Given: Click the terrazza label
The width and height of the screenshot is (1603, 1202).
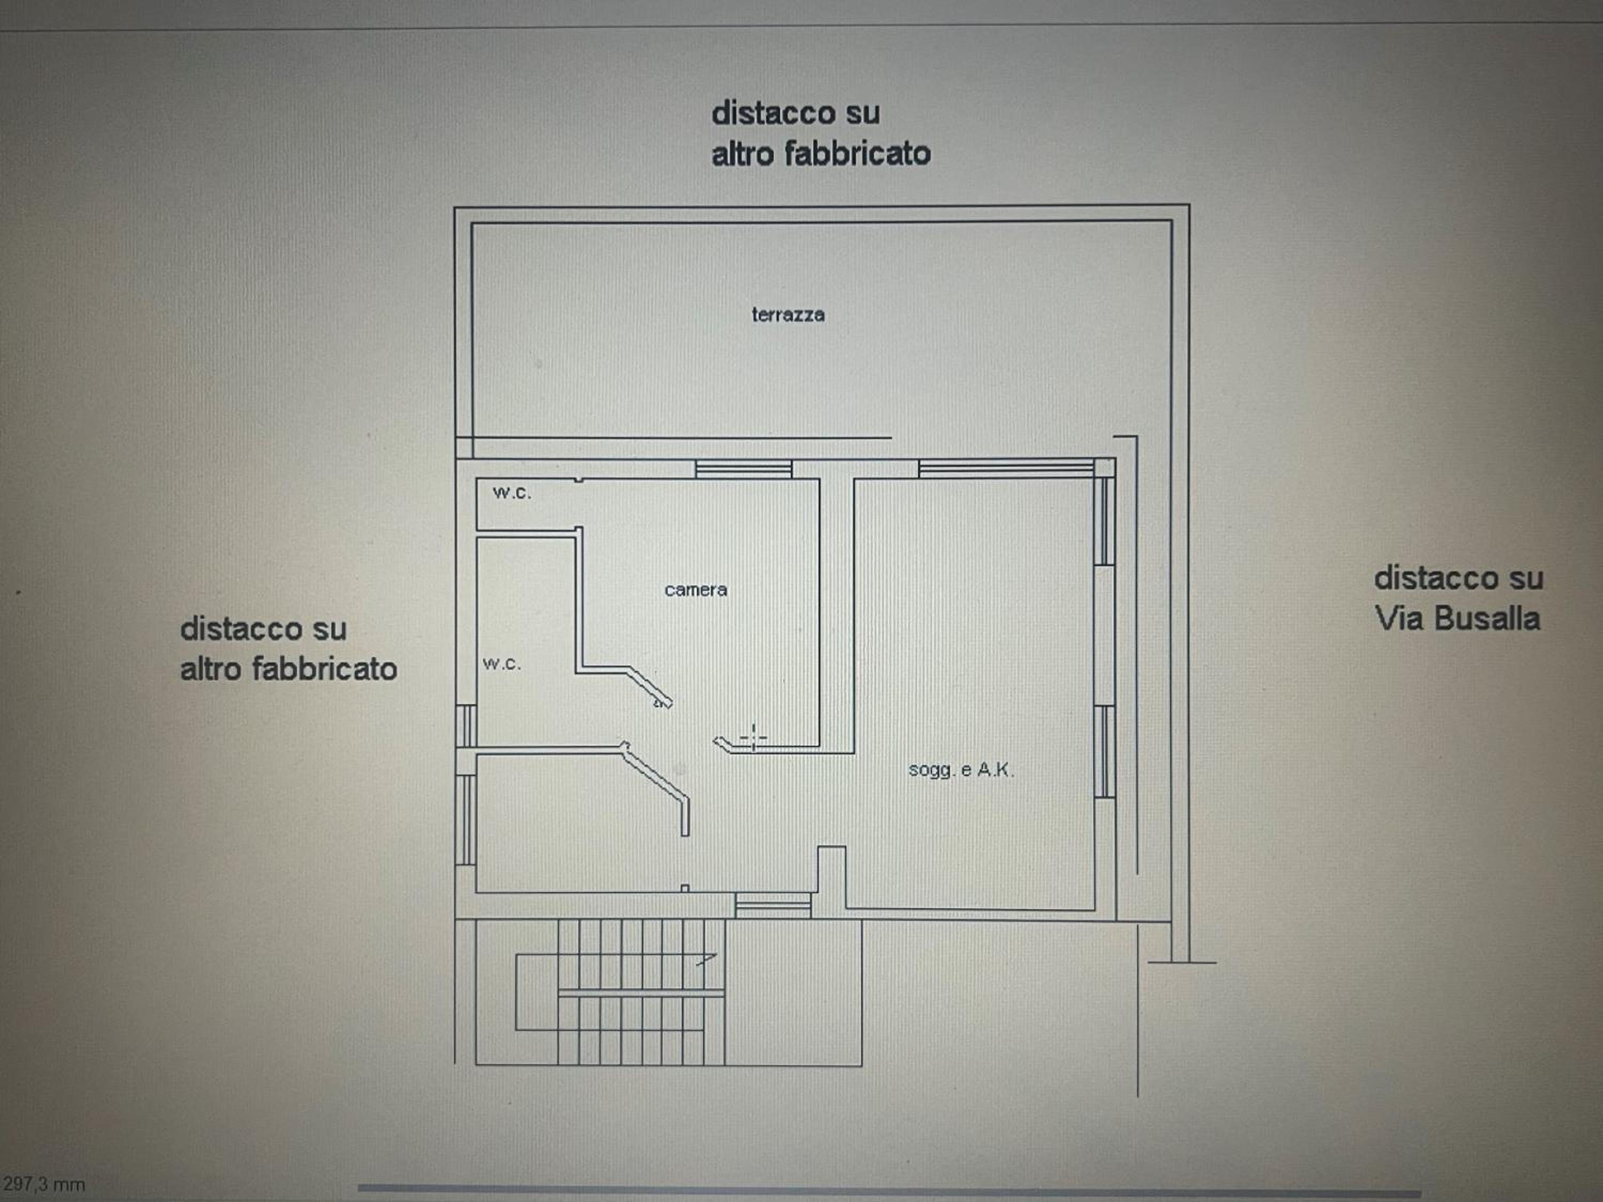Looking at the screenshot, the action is (x=788, y=315).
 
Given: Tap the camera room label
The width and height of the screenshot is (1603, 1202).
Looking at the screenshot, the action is (x=696, y=590).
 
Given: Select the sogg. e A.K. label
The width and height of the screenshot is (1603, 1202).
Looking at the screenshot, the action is (x=961, y=769).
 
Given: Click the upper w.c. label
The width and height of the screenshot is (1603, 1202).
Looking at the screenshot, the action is (x=512, y=493).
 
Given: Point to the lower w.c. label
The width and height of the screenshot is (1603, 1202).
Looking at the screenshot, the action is (x=502, y=664).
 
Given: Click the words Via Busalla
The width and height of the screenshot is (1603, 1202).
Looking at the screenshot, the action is (x=1457, y=619).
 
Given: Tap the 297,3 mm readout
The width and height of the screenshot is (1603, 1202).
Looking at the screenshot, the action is (x=43, y=1184).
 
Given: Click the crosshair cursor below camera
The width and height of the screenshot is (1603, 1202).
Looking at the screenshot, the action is (x=753, y=738).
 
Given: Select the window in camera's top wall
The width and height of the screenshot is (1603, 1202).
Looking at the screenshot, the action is (x=744, y=469).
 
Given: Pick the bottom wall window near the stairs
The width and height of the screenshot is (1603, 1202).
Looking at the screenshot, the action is (x=773, y=905).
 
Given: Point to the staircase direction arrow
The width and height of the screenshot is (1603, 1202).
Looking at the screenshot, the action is (x=706, y=959).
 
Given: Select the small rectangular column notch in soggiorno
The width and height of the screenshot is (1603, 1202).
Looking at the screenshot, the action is (x=832, y=877).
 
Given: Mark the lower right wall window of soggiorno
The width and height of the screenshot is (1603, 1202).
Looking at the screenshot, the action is (x=1104, y=751).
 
